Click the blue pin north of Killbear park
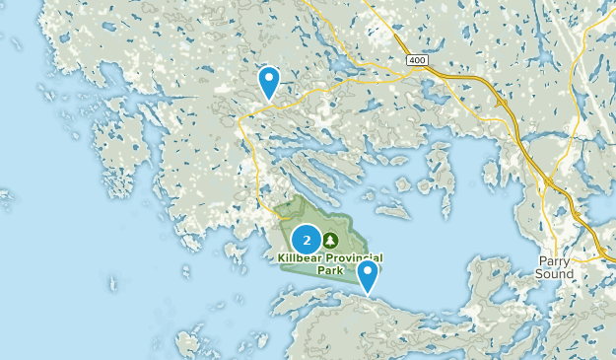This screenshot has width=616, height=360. coord(268,81)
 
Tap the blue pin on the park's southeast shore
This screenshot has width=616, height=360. coord(369,274)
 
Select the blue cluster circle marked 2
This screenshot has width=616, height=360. coord(307,240)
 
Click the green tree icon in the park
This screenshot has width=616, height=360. coord(330,240)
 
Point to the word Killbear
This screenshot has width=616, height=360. coord(299,257)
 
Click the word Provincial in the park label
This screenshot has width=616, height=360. coord(353,257)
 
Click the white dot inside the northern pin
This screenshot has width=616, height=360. coord(268,79)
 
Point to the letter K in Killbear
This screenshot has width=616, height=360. coord(281,257)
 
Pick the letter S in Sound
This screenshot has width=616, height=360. coord(541,273)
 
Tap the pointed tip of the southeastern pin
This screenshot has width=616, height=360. coord(369,295)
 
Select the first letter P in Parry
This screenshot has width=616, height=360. coord(540,260)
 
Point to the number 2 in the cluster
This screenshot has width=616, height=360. coord(307,240)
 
